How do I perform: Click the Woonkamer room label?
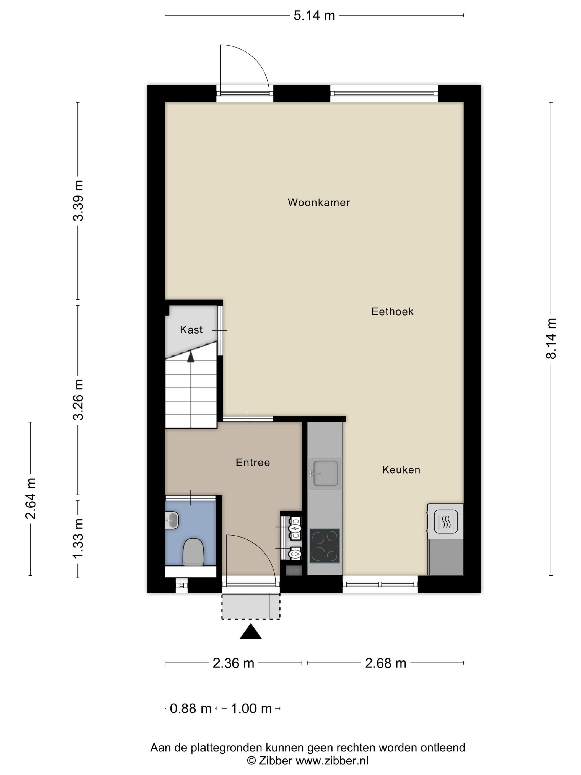tap(319, 203)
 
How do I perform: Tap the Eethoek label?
tap(393, 311)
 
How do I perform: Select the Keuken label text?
tap(401, 470)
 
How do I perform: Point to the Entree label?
tap(253, 463)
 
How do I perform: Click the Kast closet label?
tap(191, 330)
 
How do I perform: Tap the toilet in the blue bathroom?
tap(193, 552)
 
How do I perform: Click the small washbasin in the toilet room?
tap(172, 520)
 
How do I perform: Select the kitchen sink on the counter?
tap(325, 473)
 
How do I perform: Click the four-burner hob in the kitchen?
tap(325, 546)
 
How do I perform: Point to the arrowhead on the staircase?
tap(191, 357)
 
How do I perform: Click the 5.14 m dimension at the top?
tap(314, 16)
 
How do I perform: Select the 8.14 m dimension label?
tap(551, 339)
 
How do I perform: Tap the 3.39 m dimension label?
tap(78, 201)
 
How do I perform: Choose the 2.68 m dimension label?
tap(386, 663)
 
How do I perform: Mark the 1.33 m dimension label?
tap(78, 539)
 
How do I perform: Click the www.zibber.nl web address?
tap(332, 761)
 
